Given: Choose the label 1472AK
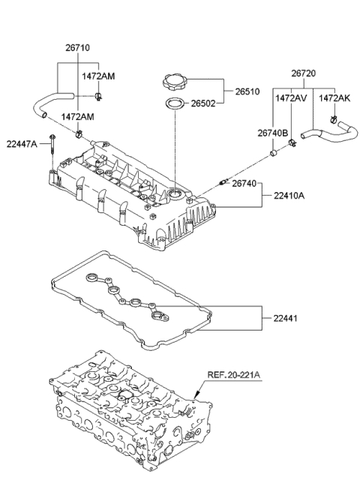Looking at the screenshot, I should [334, 97].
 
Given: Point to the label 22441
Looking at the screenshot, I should [277, 318].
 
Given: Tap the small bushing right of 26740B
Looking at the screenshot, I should [275, 155].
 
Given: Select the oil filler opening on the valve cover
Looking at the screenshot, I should [177, 196].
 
